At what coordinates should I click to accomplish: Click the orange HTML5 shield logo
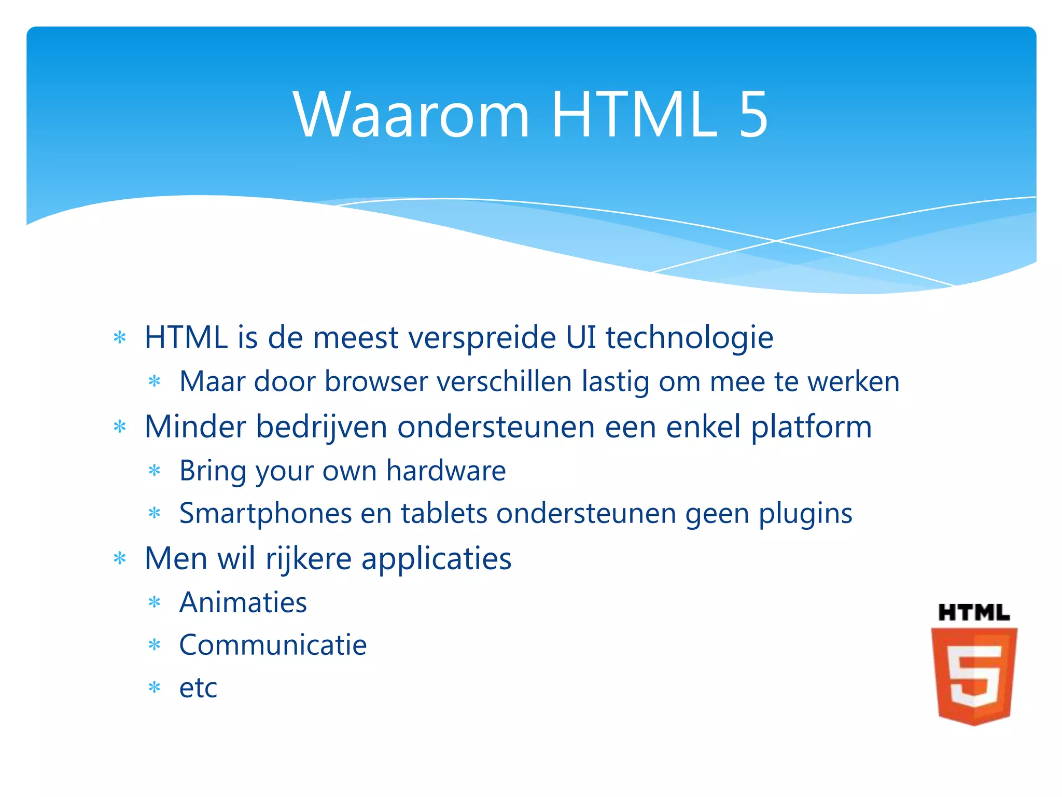[x=974, y=676]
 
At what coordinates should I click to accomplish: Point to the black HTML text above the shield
[x=974, y=613]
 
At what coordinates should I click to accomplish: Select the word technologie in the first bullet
[x=689, y=338]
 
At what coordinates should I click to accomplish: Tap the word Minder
[x=195, y=427]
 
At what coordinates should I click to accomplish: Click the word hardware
[x=446, y=471]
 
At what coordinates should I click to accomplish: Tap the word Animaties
[x=243, y=603]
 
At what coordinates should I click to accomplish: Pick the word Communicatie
[x=273, y=645]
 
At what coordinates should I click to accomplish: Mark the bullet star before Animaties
[x=155, y=603]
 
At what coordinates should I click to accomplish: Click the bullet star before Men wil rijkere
[x=120, y=559]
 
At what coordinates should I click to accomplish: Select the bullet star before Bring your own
[x=155, y=471]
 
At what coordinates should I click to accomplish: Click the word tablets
[x=444, y=514]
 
